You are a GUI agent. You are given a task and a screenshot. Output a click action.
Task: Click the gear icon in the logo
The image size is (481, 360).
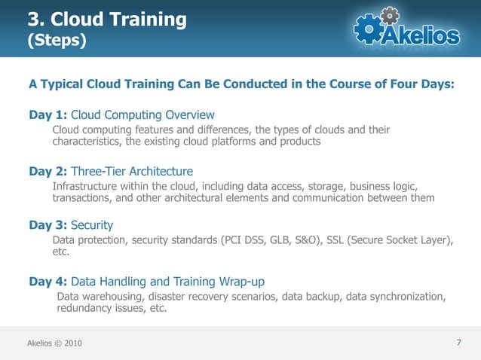pos(369,29)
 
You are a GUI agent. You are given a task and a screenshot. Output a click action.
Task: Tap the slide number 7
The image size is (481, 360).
pos(459,343)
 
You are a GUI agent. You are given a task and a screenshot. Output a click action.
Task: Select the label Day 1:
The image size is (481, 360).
pos(48,114)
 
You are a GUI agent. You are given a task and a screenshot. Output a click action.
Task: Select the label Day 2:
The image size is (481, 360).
pos(48,171)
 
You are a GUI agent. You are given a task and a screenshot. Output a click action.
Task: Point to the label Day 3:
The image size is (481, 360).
pos(48,225)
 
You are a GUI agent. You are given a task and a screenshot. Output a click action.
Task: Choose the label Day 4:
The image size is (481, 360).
pos(48,282)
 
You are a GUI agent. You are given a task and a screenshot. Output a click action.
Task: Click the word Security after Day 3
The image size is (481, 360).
pos(92,225)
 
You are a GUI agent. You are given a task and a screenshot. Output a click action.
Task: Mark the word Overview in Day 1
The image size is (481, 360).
pos(191,114)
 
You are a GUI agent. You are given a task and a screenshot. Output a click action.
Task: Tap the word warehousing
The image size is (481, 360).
pos(115,296)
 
